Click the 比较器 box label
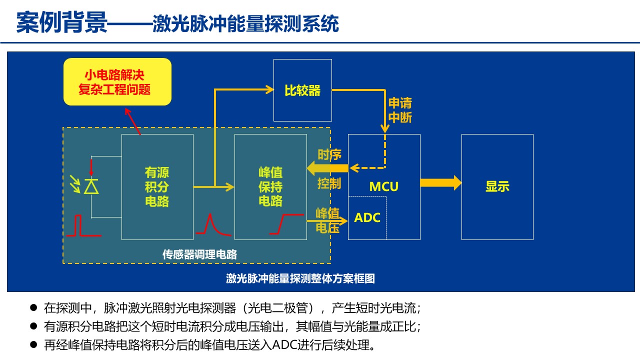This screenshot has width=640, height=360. coord(302,90)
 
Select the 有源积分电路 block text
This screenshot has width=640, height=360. coord(157,187)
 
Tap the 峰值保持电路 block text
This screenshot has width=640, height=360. coord(270,187)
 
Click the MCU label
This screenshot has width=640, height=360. coord(384,186)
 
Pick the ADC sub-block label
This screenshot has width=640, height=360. coord(367,218)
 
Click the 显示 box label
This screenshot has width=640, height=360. coord(497,186)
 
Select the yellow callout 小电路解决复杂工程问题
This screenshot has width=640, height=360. coord(117,82)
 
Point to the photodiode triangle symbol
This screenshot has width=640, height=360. coord(91,186)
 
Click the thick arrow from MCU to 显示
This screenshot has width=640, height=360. coord(440,182)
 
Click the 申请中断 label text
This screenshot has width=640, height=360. coord(400,110)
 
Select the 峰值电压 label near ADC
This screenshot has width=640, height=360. coord(327,220)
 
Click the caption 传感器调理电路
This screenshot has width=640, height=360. coord(199,254)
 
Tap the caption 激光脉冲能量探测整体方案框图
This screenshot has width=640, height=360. coord(300,278)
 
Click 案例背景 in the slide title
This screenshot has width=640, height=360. coord(61,22)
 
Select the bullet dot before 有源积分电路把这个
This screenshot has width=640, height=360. coord(33,326)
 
